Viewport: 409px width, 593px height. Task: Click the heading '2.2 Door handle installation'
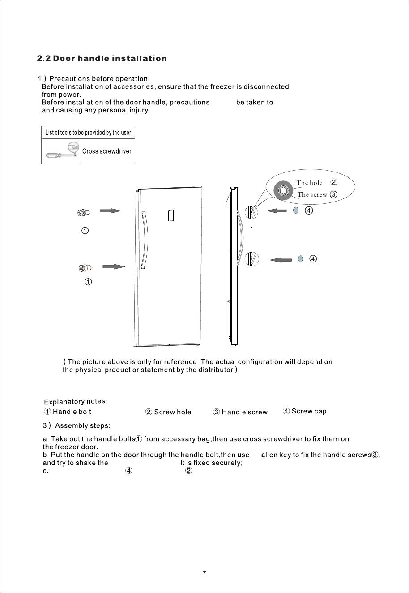tap(102, 58)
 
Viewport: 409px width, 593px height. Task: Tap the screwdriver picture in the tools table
tap(63, 150)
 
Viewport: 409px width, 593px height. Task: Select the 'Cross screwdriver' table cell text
tap(107, 151)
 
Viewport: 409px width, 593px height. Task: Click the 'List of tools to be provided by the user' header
tap(88, 133)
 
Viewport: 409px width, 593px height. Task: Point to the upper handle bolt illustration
tap(84, 212)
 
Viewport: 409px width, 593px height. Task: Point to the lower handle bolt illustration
tap(86, 268)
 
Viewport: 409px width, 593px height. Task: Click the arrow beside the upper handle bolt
tap(111, 211)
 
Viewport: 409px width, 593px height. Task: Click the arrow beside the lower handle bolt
tap(114, 266)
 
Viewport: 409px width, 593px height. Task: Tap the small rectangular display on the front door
tap(171, 215)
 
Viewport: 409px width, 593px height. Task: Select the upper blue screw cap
tap(296, 210)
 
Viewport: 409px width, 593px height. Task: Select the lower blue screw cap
tap(301, 258)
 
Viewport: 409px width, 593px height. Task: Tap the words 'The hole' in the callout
tap(309, 183)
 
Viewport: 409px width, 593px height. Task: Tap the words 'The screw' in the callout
tap(312, 194)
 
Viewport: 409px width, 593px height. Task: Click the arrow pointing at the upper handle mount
tap(277, 211)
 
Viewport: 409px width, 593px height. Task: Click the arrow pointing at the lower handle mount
tap(281, 260)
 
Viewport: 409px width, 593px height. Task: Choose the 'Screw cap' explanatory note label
tap(309, 411)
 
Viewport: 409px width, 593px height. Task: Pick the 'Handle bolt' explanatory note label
tap(72, 412)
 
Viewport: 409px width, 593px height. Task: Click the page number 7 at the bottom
tap(204, 573)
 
